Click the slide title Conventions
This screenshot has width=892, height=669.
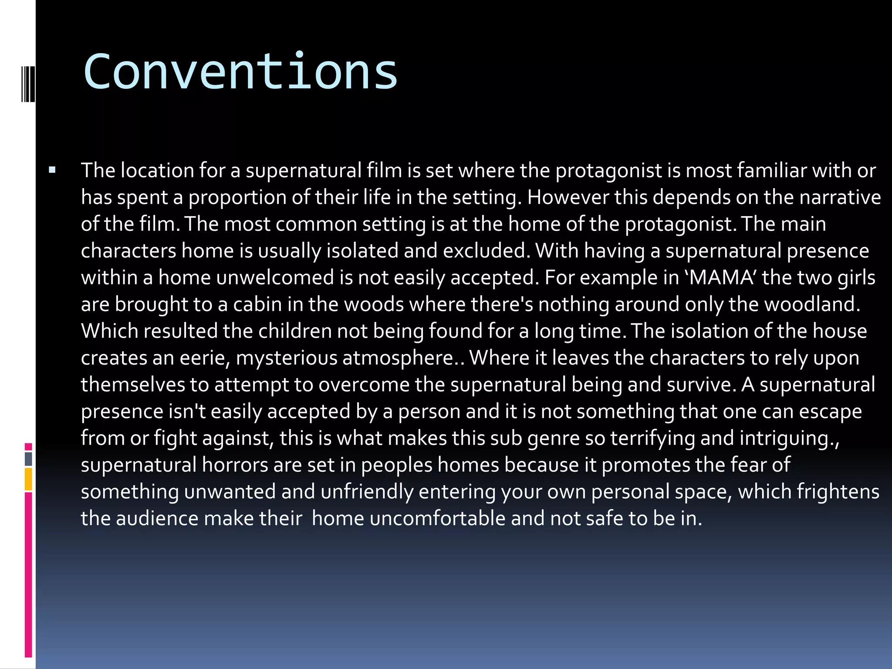point(240,72)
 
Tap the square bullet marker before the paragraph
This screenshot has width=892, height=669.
point(53,170)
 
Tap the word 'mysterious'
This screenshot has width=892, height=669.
point(286,358)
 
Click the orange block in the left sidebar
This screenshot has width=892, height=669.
point(28,479)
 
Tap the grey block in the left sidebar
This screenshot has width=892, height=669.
point(28,459)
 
